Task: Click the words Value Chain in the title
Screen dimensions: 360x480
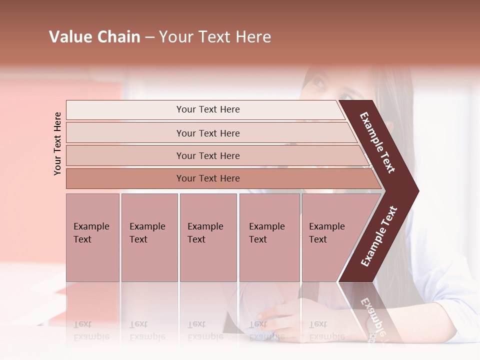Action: [x=94, y=37]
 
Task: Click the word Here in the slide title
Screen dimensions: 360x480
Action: [x=253, y=37]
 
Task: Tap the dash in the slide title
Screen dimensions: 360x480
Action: [x=149, y=37]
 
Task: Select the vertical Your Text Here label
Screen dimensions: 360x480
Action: [x=57, y=143]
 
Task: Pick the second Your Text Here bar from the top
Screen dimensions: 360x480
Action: [x=208, y=133]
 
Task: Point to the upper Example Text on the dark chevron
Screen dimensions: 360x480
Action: [x=377, y=142]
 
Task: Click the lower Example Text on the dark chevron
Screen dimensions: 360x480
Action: [x=378, y=236]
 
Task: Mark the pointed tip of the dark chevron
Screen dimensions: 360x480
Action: [x=417, y=190]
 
